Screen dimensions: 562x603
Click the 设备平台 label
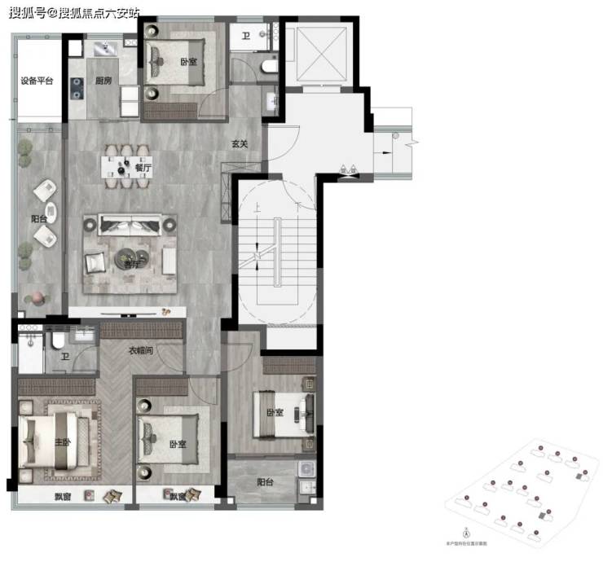click(37, 81)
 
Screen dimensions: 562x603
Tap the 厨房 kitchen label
click(103, 81)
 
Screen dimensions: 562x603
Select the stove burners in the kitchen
click(77, 87)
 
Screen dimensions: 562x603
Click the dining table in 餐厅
click(125, 168)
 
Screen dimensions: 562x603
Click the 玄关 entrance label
click(239, 143)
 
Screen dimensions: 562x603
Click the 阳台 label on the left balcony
click(38, 218)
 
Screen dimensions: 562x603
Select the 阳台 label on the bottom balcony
click(264, 482)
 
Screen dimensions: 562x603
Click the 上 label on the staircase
click(257, 208)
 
